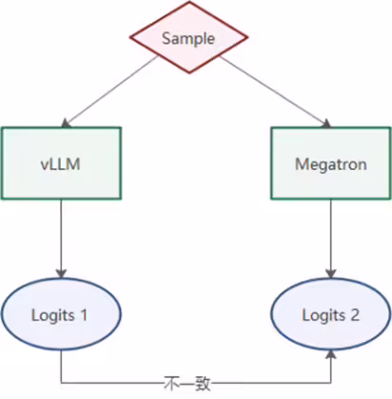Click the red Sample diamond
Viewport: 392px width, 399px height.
click(189, 37)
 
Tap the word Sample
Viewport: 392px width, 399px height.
click(188, 39)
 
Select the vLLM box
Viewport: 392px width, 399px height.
click(61, 163)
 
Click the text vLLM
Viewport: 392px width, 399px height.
click(60, 164)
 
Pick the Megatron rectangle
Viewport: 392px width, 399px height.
click(331, 163)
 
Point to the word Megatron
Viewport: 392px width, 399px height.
click(331, 164)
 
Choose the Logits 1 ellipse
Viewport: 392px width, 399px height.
click(61, 313)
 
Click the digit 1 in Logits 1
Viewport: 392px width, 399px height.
click(84, 315)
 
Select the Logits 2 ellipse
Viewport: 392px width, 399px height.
click(331, 313)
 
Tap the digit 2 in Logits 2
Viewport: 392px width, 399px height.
click(355, 315)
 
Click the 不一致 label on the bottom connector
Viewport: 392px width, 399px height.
click(187, 384)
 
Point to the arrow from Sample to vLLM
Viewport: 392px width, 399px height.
click(110, 91)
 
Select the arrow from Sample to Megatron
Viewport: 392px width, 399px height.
click(275, 92)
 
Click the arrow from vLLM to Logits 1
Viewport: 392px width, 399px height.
click(61, 238)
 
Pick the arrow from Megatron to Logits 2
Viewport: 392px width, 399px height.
click(331, 238)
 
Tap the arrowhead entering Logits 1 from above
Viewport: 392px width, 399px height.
click(61, 274)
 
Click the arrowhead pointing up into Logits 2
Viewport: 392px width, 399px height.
click(331, 354)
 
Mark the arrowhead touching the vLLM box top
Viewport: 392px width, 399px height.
click(66, 123)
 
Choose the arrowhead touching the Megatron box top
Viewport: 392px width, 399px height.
click(326, 124)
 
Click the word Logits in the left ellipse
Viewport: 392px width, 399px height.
click(53, 316)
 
